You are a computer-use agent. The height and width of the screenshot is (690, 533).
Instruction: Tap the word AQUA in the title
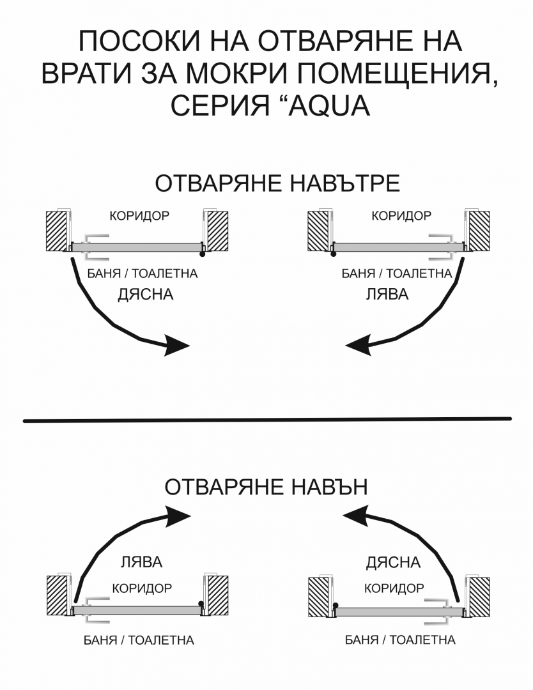point(328,106)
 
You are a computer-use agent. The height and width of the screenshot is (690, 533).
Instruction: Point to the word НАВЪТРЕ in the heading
point(346,183)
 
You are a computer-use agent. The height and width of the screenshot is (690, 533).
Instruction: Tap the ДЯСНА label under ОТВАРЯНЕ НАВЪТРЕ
point(145,294)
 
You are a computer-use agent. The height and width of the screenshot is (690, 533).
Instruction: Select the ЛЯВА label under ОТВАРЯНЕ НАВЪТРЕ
point(387,294)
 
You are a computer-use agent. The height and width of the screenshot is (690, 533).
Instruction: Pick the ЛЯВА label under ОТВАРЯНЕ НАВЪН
point(142,562)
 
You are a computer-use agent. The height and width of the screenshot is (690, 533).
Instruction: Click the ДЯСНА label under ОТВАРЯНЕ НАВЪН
point(393,562)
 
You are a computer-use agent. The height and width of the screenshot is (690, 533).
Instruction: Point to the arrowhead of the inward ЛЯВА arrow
point(359,345)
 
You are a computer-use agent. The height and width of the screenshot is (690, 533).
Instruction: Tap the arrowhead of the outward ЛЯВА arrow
point(178,516)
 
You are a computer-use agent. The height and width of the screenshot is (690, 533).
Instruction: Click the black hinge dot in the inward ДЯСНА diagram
point(202,254)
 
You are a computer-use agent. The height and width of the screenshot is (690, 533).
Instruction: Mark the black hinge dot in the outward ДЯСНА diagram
point(336,606)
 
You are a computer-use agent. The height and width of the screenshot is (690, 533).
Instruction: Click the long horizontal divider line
point(267,420)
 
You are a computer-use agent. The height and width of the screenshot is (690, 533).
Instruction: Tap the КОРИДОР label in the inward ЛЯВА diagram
point(401,216)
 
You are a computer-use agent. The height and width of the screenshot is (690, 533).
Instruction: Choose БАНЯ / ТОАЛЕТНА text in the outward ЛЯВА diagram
point(139,640)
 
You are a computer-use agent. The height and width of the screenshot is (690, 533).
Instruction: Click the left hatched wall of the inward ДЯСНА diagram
point(58,231)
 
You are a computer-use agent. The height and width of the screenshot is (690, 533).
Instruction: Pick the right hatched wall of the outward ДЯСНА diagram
point(479,596)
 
